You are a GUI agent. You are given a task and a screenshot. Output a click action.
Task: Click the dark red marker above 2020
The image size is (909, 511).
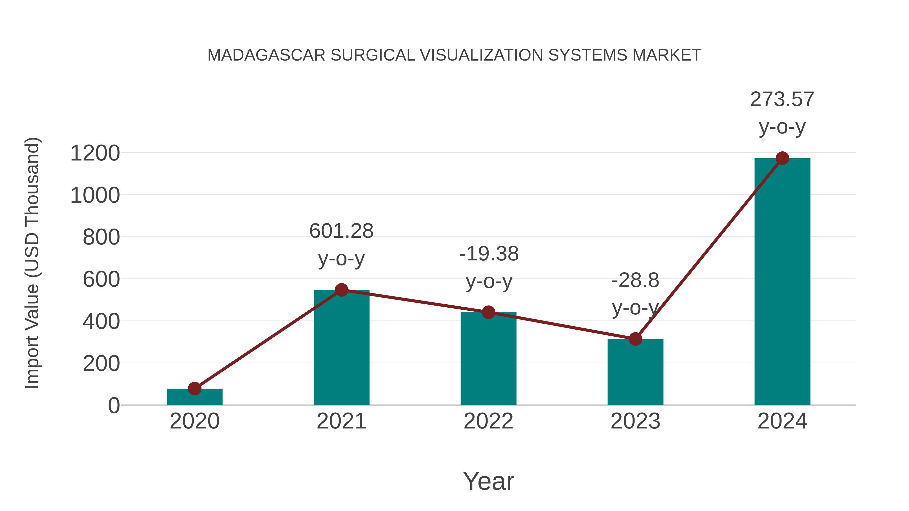coord(194,389)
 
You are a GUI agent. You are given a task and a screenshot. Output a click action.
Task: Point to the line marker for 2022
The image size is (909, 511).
coord(488,312)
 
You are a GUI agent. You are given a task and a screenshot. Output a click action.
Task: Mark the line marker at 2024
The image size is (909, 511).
coord(782,158)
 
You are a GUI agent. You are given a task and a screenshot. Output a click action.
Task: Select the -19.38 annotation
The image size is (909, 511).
coord(489,254)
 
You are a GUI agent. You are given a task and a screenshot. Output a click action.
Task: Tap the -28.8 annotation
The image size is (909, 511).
coord(635,281)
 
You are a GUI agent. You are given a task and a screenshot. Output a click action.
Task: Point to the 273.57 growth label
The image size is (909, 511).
coord(782,99)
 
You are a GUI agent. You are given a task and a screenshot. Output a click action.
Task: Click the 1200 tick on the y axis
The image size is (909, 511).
coord(95,153)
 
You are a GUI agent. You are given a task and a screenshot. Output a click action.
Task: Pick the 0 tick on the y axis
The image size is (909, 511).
coord(114,406)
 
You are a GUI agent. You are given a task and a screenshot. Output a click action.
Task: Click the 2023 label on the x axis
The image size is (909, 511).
coord(635,421)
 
